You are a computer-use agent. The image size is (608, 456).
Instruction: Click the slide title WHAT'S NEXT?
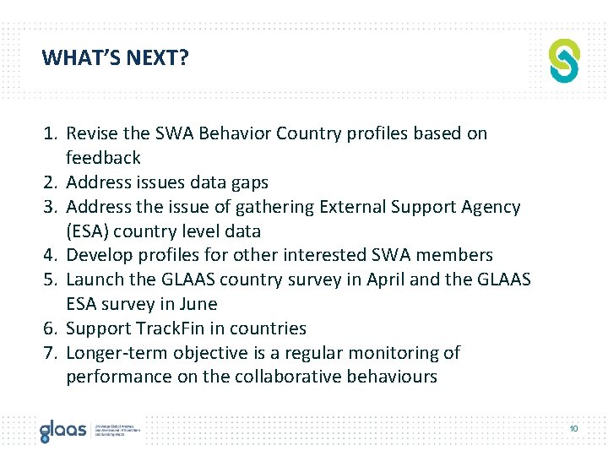click(116, 58)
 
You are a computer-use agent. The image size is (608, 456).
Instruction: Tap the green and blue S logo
click(564, 60)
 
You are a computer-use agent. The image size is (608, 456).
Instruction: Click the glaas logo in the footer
click(63, 430)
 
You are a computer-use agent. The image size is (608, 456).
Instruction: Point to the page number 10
click(573, 429)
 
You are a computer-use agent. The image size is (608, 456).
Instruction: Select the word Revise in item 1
click(91, 133)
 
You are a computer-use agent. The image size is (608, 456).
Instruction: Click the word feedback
click(103, 158)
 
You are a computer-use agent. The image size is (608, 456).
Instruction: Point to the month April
click(386, 280)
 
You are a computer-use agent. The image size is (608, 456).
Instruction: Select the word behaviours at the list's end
click(390, 377)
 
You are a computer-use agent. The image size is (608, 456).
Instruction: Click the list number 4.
click(51, 255)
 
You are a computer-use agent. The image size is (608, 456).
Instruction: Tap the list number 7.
click(51, 353)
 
